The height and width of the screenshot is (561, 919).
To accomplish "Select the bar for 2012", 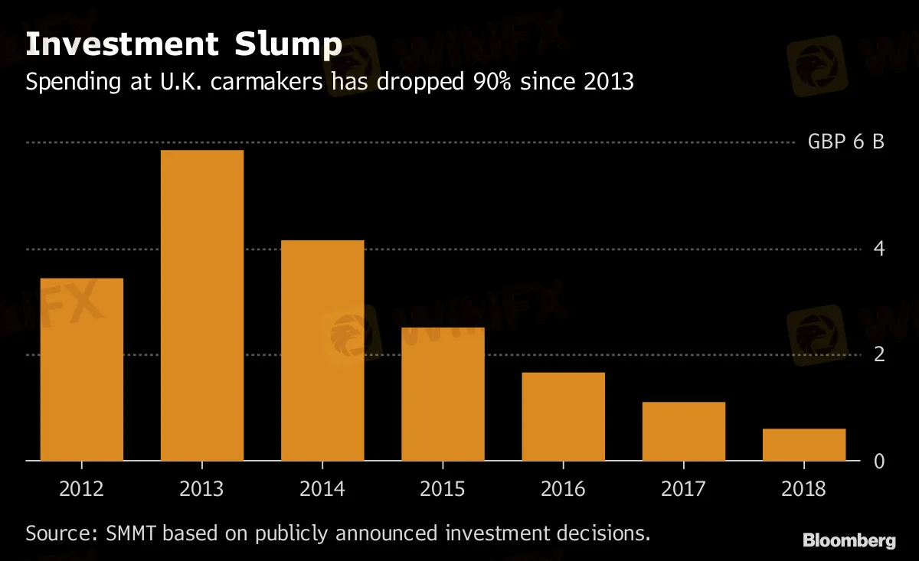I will pyautogui.click(x=82, y=369).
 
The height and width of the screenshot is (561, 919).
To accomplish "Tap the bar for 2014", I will pyautogui.click(x=322, y=350).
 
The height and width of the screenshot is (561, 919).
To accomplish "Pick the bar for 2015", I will pyautogui.click(x=443, y=393).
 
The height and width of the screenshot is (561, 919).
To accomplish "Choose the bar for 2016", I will pyautogui.click(x=563, y=416).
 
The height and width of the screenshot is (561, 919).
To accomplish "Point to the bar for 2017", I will pyautogui.click(x=683, y=431).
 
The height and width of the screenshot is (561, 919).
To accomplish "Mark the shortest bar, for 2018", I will pyautogui.click(x=804, y=445).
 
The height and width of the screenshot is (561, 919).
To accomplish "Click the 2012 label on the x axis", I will pyautogui.click(x=82, y=488).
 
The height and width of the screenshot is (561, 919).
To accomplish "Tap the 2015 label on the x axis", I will pyautogui.click(x=443, y=488).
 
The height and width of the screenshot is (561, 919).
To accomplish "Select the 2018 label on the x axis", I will pyautogui.click(x=804, y=488).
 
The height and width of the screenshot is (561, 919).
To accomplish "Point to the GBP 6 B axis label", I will pyautogui.click(x=845, y=142).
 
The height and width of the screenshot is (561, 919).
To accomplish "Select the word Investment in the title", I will pyautogui.click(x=121, y=44).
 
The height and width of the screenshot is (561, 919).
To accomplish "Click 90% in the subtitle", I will pyautogui.click(x=490, y=82).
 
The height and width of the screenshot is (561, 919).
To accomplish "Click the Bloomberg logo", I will pyautogui.click(x=849, y=541).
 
